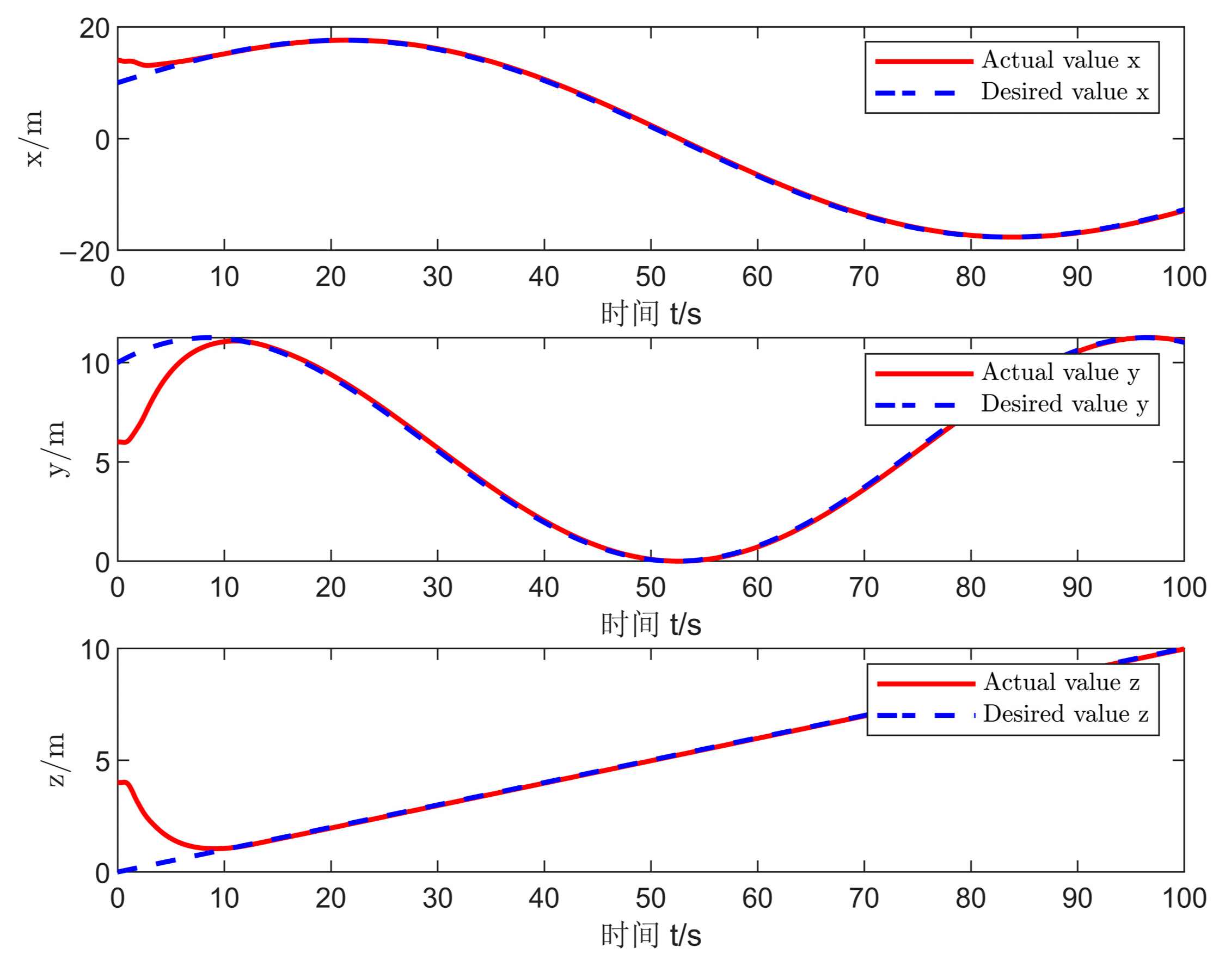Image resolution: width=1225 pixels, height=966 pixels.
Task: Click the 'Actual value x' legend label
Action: (1060, 60)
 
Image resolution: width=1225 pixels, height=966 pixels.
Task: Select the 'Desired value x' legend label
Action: (1064, 91)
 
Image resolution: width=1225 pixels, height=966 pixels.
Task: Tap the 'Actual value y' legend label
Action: (1060, 372)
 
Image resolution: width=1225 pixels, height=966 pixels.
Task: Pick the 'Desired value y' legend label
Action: (1064, 404)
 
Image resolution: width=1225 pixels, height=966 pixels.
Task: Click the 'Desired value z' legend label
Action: (1065, 714)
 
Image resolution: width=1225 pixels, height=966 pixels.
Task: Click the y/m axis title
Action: (57, 450)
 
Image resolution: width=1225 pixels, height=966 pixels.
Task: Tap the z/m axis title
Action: (57, 760)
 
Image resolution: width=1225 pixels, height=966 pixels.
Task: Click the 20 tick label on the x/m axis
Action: (94, 28)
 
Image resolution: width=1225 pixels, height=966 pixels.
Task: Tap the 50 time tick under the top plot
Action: (650, 277)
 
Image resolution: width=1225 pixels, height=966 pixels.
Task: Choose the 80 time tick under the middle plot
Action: (970, 588)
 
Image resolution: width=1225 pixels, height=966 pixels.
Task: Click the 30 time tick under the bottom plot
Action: (437, 898)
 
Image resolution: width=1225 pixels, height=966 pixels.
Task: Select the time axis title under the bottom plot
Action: (651, 936)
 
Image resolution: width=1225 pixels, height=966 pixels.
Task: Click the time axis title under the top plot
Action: (651, 314)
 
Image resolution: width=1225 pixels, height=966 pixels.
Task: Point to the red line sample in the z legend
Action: (926, 684)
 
